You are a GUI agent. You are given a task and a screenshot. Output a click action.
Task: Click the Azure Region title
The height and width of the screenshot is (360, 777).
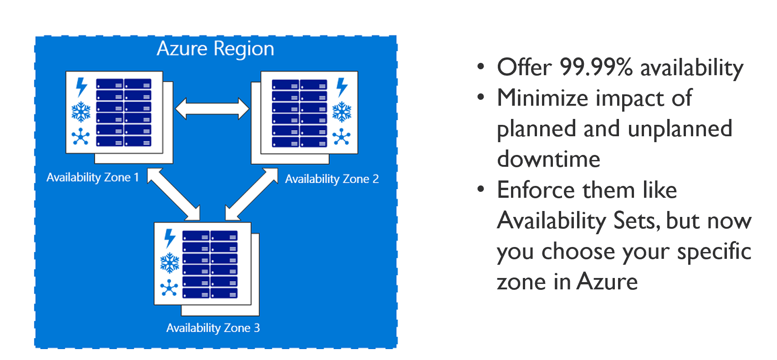[215, 49]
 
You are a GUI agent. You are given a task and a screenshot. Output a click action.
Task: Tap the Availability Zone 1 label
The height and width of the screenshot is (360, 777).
[92, 177]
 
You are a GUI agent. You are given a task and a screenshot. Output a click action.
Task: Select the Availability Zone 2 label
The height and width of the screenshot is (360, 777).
[332, 179]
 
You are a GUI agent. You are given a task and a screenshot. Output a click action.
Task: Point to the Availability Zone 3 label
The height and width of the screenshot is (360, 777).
[213, 328]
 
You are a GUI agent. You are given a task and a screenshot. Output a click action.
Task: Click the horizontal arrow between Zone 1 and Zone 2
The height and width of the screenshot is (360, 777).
[212, 109]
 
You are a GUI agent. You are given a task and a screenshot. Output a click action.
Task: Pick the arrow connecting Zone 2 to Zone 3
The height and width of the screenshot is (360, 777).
[251, 195]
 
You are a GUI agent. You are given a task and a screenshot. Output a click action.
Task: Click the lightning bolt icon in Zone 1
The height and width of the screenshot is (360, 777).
[81, 87]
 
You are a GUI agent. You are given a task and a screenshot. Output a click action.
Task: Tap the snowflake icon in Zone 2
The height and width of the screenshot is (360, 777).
[342, 112]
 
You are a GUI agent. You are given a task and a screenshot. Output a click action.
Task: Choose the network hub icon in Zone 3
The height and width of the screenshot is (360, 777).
[169, 288]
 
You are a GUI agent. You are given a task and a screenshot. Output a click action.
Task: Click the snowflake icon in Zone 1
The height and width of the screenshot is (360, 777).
[81, 112]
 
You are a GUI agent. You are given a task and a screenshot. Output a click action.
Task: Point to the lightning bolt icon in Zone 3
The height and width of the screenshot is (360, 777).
[169, 238]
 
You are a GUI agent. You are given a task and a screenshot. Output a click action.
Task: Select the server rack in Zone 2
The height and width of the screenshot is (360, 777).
[299, 113]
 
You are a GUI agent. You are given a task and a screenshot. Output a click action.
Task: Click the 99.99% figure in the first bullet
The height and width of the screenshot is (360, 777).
[596, 67]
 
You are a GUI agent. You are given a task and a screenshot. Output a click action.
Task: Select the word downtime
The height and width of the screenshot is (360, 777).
[548, 159]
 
